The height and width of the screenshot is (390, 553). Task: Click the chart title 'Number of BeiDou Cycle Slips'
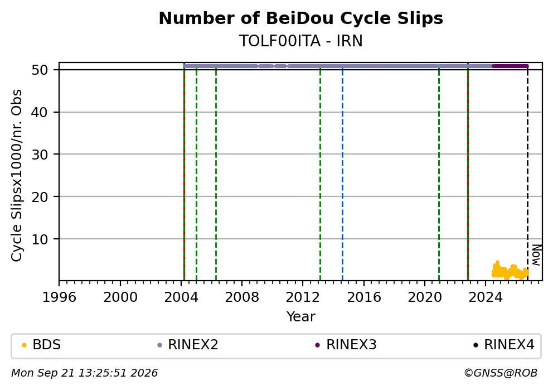[x=301, y=18]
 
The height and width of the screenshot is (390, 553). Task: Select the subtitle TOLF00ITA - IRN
[x=301, y=41]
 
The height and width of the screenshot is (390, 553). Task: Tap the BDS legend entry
[x=41, y=344]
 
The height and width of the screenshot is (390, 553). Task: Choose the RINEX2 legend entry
[x=188, y=344]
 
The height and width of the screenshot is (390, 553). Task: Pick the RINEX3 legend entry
[x=346, y=344]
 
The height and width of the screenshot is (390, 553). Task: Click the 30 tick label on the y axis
[x=40, y=154]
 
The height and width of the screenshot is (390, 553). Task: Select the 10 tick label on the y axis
[x=40, y=239]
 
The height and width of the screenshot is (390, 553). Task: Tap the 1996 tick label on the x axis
[x=59, y=297]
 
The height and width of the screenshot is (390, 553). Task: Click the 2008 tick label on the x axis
[x=242, y=297]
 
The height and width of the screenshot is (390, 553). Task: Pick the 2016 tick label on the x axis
[x=364, y=297]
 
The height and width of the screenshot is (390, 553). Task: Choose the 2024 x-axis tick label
[x=486, y=297]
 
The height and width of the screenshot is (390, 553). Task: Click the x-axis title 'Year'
[x=301, y=316]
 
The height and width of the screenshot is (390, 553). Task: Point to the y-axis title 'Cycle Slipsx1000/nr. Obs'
[x=16, y=175]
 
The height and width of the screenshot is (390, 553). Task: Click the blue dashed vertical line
[x=342, y=173]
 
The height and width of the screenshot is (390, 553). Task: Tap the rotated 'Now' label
[x=536, y=255]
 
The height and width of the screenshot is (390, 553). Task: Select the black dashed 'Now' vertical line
[x=527, y=173]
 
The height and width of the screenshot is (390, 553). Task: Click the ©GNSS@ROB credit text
[x=501, y=373]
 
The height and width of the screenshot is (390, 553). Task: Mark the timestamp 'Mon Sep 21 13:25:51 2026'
[x=85, y=373]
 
